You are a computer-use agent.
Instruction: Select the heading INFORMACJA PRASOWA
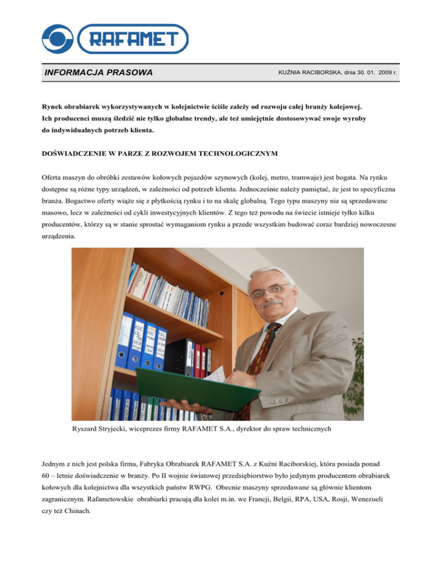click(x=98, y=73)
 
